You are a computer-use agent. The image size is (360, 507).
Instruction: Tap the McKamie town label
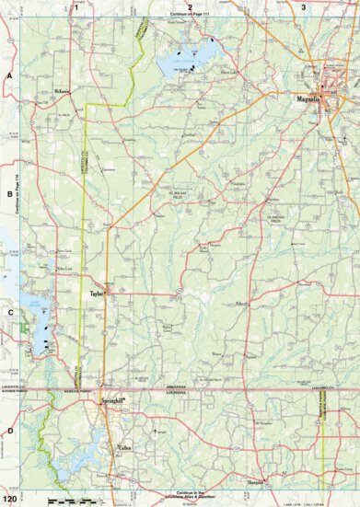(x=63, y=91)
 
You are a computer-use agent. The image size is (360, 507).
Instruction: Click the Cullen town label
(x=126, y=450)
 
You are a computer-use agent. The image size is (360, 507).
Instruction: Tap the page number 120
(x=9, y=499)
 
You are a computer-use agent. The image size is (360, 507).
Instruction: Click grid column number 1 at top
(x=75, y=6)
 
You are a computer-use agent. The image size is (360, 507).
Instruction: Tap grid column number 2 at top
(x=190, y=6)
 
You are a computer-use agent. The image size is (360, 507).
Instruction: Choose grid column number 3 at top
(x=304, y=6)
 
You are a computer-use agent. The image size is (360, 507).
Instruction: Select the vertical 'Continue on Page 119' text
(x=18, y=194)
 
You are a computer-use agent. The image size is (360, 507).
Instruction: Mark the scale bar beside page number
(x=70, y=499)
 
